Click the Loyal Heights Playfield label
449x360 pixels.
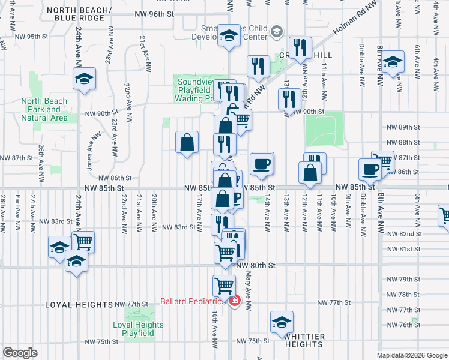[138, 329]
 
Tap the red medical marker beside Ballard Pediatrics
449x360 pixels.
[234, 301]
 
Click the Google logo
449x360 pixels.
[20, 353]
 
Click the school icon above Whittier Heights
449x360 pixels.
[281, 322]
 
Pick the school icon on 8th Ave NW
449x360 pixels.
[393, 62]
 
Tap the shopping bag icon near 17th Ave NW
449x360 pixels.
[187, 142]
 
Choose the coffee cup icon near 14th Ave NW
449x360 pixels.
[261, 163]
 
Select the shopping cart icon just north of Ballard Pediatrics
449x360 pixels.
[224, 285]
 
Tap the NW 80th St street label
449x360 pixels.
[256, 265]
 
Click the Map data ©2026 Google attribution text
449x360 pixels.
[411, 355]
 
